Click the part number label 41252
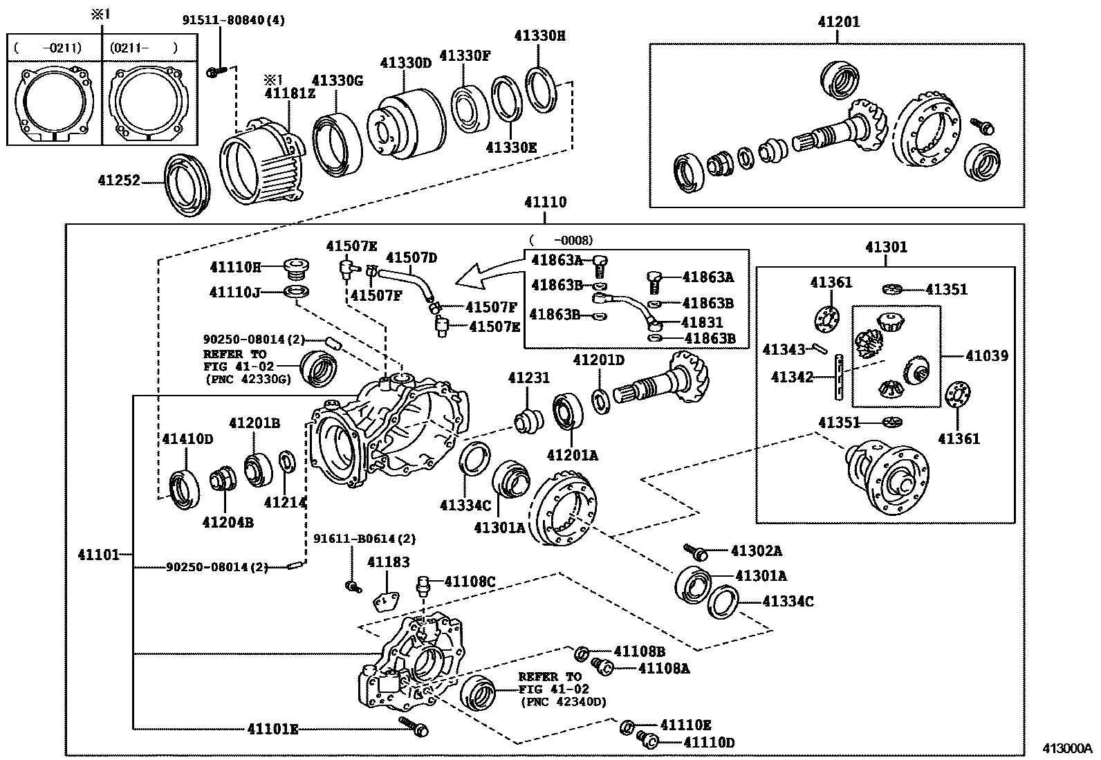[x=118, y=181]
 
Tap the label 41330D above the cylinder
[x=405, y=63]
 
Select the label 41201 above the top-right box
[x=838, y=21]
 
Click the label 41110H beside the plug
[x=235, y=266]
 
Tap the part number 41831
[x=702, y=322]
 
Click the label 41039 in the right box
[x=987, y=355]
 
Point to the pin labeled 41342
[x=839, y=377]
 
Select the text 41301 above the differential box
[x=886, y=247]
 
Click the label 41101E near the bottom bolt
[x=272, y=728]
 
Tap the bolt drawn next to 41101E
[x=414, y=726]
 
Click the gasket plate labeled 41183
[x=388, y=601]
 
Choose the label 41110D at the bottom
[x=708, y=743]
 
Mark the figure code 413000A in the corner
[x=1066, y=748]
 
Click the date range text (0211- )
[x=143, y=48]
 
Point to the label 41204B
[x=228, y=522]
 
